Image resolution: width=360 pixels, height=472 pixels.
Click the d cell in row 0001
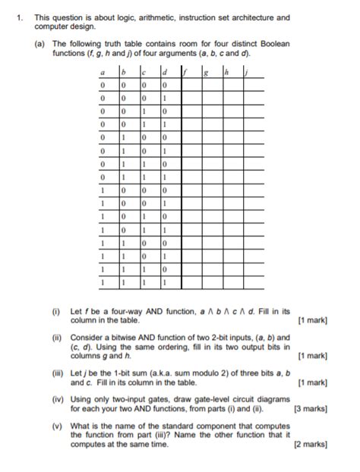[x=164, y=99]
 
